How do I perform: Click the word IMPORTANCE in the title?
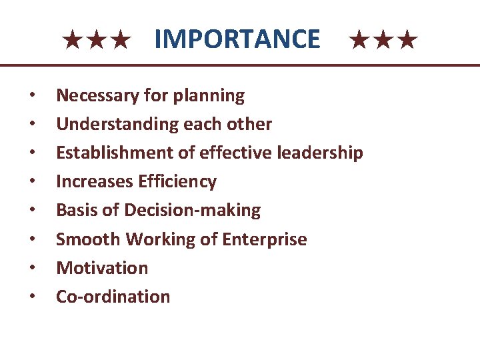237,39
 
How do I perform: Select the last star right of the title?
409,41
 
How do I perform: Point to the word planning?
209,96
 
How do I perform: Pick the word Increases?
94,182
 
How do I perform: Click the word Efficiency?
177,182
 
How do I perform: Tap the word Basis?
75,211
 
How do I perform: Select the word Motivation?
101,268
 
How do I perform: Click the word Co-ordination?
113,297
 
